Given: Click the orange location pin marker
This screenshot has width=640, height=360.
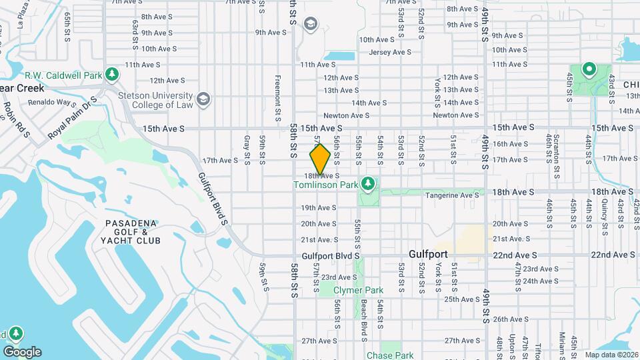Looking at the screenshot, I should click(320, 159).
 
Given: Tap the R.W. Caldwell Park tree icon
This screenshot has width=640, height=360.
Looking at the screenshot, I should click(112, 73).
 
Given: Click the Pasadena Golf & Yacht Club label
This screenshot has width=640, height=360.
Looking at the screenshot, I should click(131, 232).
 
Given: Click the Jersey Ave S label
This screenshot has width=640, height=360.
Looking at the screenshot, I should click(390, 52).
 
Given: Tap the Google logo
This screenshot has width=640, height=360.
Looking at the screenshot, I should click(21, 352).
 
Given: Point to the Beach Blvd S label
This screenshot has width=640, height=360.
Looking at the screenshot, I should click(364, 317).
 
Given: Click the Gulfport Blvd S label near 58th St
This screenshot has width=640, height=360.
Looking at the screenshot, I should click(330, 255).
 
